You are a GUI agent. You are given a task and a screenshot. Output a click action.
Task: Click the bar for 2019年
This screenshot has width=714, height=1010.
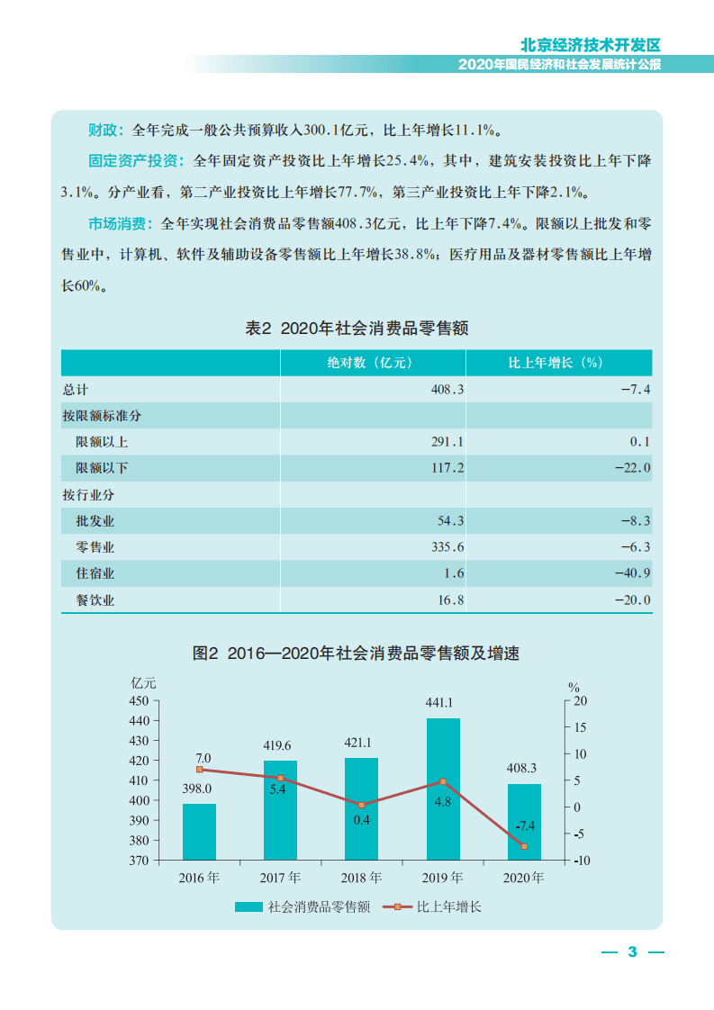pos(443,789)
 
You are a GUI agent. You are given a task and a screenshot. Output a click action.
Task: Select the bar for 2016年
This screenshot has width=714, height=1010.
pos(199,832)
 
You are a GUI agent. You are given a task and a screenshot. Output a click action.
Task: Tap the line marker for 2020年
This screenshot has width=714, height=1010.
pos(523,846)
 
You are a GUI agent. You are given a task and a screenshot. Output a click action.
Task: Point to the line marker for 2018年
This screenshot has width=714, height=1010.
pos(361,805)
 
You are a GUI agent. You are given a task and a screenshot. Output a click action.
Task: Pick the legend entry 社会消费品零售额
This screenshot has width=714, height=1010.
pos(303,906)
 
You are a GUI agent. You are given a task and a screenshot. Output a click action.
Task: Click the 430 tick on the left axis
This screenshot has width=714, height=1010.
pos(140,741)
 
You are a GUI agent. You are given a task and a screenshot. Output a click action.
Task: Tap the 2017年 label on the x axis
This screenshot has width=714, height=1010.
pos(281,878)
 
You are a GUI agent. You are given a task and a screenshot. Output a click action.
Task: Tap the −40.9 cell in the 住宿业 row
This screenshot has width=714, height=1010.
pos(631,573)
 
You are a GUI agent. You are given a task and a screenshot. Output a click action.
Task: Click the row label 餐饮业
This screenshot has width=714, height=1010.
pos(95,600)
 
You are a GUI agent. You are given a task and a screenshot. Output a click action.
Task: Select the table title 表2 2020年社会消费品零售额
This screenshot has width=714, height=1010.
pos(357,329)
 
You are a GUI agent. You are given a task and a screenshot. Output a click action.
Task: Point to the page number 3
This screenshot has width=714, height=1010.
pos(631,951)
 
